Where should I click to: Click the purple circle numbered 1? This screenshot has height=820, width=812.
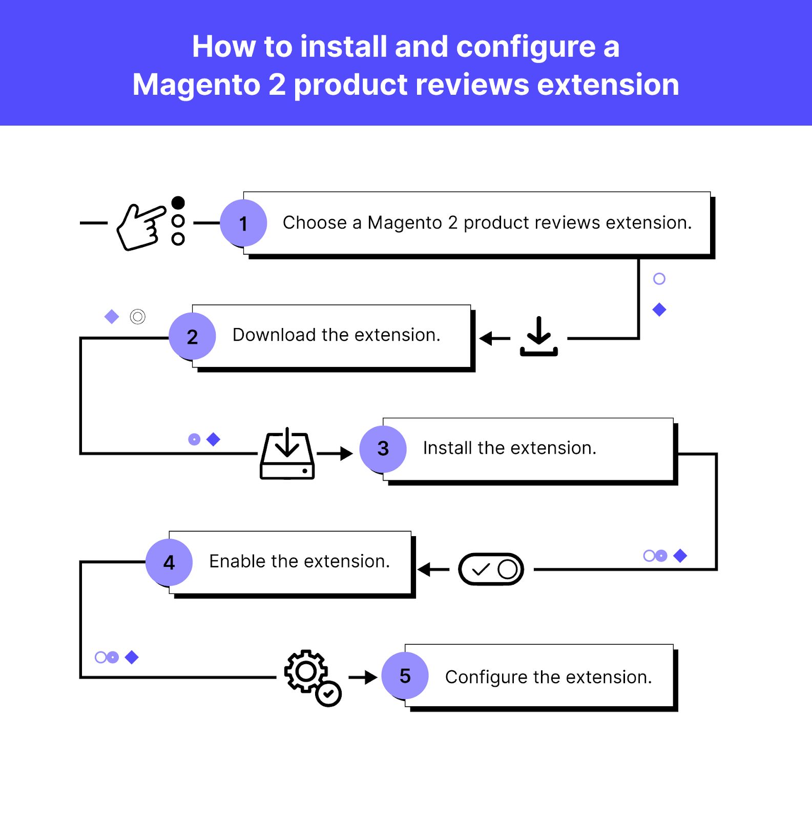pyautogui.click(x=243, y=223)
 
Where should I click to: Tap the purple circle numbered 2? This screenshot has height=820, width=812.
pyautogui.click(x=192, y=336)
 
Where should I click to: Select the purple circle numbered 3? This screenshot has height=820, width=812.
pyautogui.click(x=383, y=449)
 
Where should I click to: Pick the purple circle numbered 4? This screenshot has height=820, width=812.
pyautogui.click(x=169, y=562)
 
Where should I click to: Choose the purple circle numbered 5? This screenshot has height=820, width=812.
pyautogui.click(x=405, y=675)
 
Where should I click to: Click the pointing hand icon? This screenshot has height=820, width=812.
pyautogui.click(x=140, y=227)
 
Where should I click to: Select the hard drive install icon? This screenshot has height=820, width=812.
pyautogui.click(x=287, y=454)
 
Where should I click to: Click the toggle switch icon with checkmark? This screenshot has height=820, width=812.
pyautogui.click(x=491, y=569)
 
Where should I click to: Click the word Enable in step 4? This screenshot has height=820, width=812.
pyautogui.click(x=237, y=561)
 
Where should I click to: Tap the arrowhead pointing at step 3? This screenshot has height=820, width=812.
pyautogui.click(x=347, y=454)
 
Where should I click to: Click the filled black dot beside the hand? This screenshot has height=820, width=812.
pyautogui.click(x=178, y=203)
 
